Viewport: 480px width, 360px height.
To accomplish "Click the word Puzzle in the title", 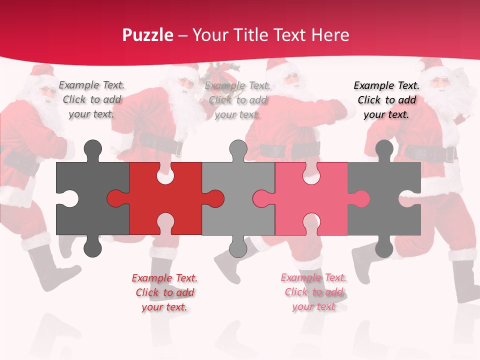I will (x=147, y=35).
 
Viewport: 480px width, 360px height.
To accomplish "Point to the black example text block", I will (x=386, y=100).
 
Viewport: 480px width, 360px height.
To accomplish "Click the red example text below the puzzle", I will (x=164, y=292).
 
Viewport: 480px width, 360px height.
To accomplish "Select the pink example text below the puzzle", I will (x=313, y=292).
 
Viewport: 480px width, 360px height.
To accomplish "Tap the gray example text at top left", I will (x=91, y=99).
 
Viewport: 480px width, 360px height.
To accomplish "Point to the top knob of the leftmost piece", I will (x=92, y=150).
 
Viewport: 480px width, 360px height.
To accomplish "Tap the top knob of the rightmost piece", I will (x=384, y=150).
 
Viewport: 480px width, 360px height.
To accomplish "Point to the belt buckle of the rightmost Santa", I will (x=450, y=154).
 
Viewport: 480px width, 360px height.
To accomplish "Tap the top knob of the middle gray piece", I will (x=238, y=150).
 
